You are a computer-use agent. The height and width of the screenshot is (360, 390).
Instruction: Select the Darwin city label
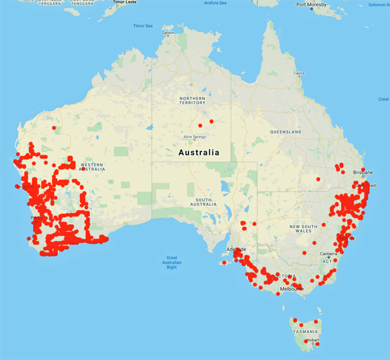[168, 32]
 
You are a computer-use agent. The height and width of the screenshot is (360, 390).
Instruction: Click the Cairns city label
[298, 73]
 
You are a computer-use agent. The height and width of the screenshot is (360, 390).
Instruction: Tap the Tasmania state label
[305, 331]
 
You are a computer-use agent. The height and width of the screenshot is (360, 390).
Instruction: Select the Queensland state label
[285, 131]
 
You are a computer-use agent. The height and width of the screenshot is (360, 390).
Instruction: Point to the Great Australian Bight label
[172, 262]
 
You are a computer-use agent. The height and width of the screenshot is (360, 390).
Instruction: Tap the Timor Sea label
[142, 26]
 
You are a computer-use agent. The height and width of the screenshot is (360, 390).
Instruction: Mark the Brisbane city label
[363, 172]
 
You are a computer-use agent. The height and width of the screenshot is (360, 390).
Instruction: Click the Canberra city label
[327, 253]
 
